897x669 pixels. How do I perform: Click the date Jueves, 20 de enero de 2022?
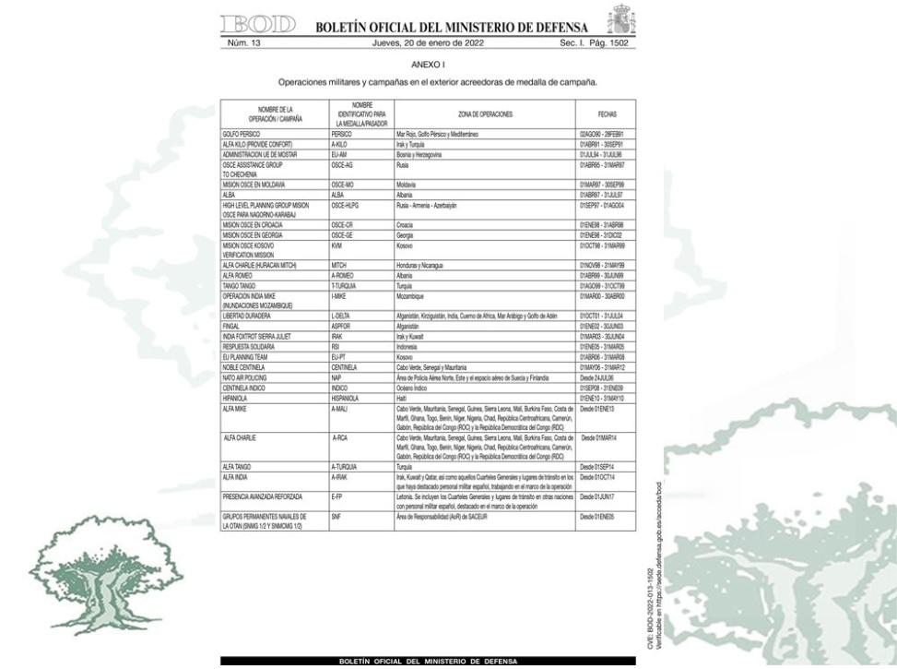[x=426, y=42]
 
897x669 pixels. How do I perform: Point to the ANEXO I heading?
[x=426, y=66]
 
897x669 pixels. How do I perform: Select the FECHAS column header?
[x=595, y=113]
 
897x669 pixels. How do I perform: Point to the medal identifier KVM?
[x=336, y=247]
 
